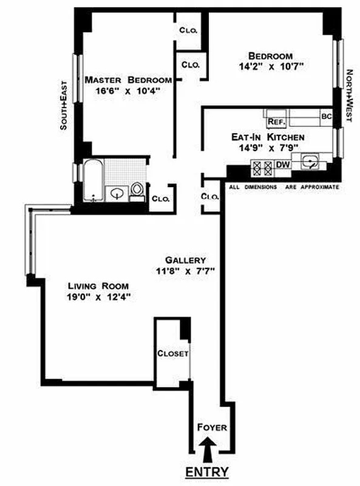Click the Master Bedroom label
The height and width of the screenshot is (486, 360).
127,80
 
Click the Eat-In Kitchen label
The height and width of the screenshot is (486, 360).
268,137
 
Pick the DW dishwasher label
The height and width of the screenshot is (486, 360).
282,164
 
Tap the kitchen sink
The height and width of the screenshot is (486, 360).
310,162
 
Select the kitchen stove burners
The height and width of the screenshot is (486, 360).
262,165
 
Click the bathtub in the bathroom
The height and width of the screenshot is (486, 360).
93,180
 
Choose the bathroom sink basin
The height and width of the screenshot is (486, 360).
116,193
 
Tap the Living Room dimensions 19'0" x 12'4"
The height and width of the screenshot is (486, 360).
99,297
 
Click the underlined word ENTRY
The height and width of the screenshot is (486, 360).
208,472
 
